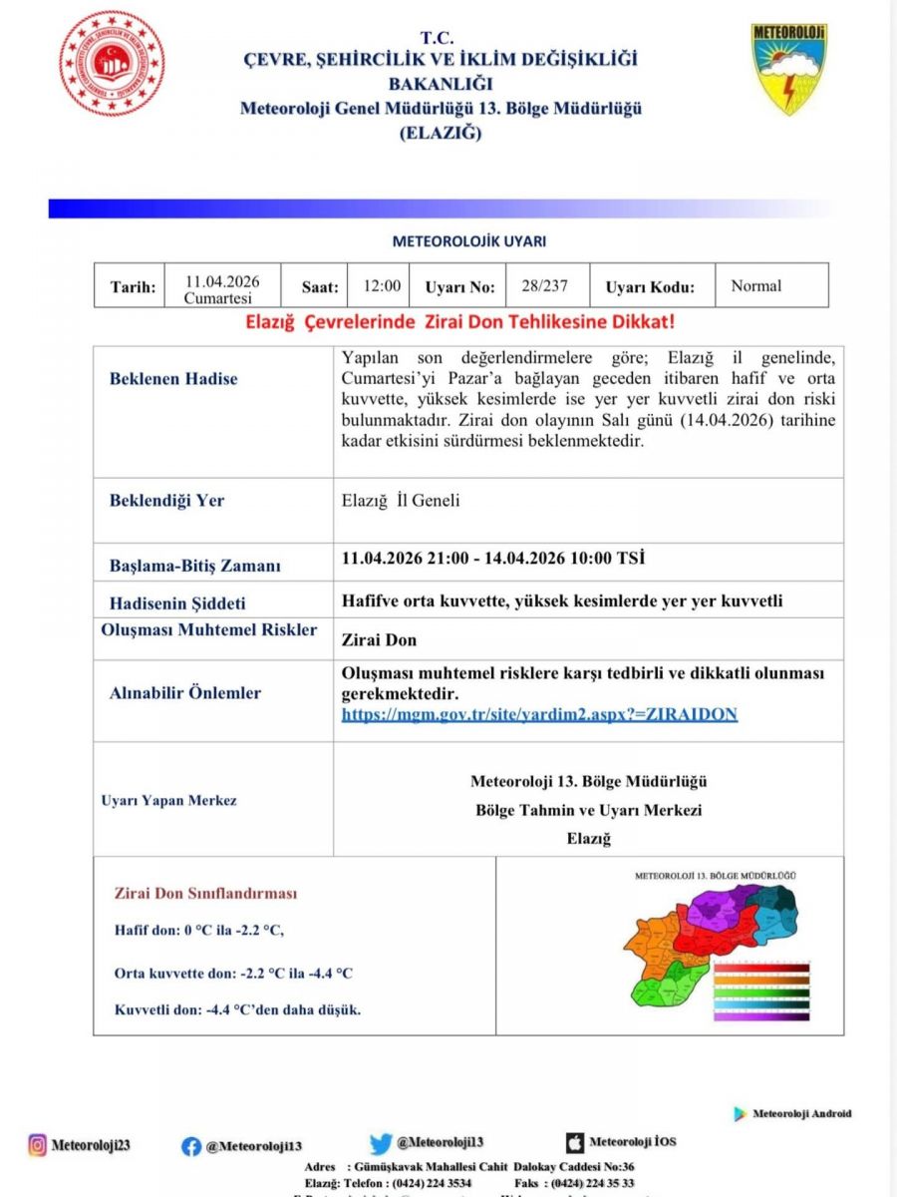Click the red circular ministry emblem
tap(112, 64)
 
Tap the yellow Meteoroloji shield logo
tap(789, 70)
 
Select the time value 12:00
tap(382, 286)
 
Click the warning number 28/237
tap(544, 286)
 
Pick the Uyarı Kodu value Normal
tap(756, 286)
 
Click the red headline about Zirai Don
tap(460, 323)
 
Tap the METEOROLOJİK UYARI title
tap(468, 241)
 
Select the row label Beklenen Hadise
tap(173, 379)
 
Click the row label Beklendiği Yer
tap(166, 501)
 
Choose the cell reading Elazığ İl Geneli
tap(401, 501)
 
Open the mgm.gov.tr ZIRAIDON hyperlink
tap(539, 714)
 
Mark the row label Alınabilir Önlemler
tap(185, 693)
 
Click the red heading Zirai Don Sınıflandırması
tap(205, 894)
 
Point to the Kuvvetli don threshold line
tap(237, 1009)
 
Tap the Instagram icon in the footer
tap(38, 1145)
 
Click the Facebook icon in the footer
tap(191, 1146)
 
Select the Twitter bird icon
tap(381, 1144)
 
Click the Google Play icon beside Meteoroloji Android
tap(740, 1113)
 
